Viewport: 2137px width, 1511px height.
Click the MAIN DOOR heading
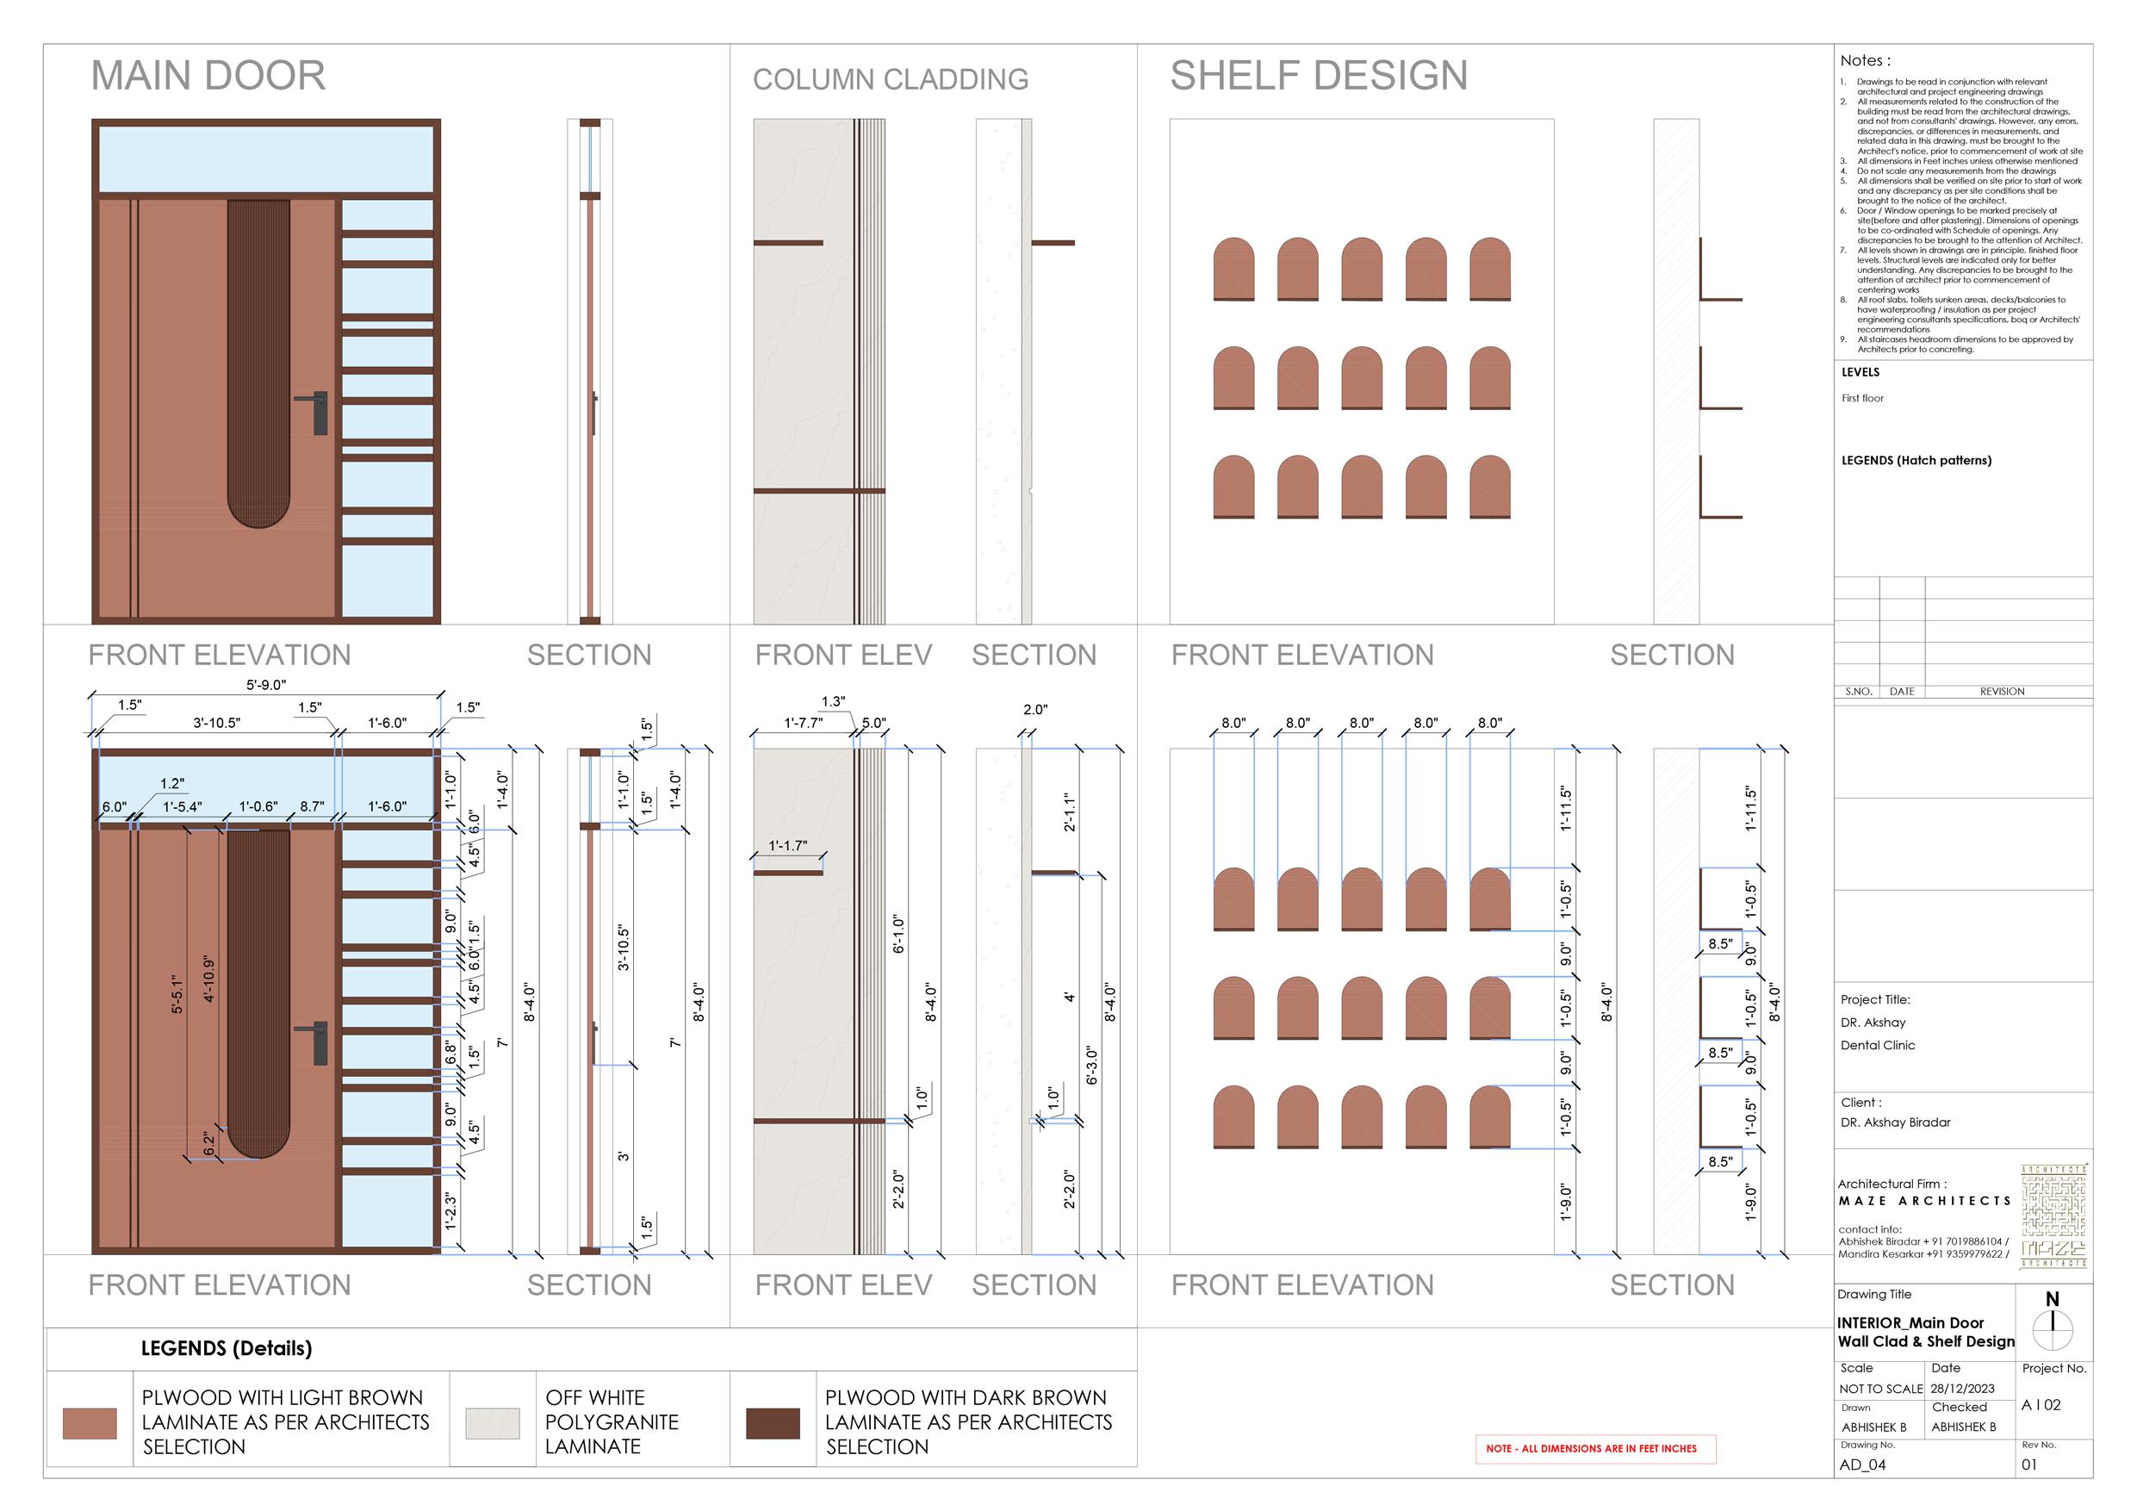pyautogui.click(x=208, y=76)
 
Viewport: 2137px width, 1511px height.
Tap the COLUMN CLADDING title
pyautogui.click(x=890, y=80)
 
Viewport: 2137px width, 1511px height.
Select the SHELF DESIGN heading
pyautogui.click(x=1318, y=76)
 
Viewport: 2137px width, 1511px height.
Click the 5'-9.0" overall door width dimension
pyautogui.click(x=266, y=685)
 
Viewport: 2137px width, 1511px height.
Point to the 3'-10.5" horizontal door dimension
pyautogui.click(x=217, y=723)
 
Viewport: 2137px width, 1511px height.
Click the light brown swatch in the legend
pyautogui.click(x=90, y=1422)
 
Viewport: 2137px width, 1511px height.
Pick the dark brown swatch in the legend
pyautogui.click(x=773, y=1422)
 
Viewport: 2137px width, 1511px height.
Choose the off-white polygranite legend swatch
pyautogui.click(x=493, y=1422)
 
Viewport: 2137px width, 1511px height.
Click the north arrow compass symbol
pyautogui.click(x=2052, y=1329)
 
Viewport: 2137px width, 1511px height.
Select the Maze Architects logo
pyautogui.click(x=2053, y=1215)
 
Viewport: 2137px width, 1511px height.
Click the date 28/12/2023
pyautogui.click(x=1962, y=1388)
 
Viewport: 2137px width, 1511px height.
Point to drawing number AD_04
pyautogui.click(x=1862, y=1464)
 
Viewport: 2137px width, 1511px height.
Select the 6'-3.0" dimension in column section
pyautogui.click(x=1092, y=1065)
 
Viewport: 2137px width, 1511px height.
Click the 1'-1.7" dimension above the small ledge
pyautogui.click(x=787, y=845)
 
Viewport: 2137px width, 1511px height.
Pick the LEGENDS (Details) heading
pyautogui.click(x=227, y=1348)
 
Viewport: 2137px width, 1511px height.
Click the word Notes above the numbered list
pyautogui.click(x=1864, y=60)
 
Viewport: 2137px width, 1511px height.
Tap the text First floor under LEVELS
pyautogui.click(x=1861, y=399)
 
